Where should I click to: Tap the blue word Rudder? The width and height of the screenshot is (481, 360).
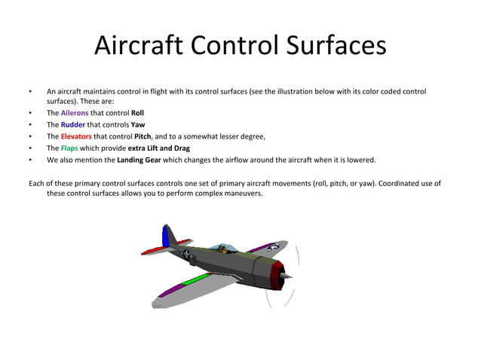tap(72, 124)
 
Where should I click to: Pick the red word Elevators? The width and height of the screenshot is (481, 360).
tap(76, 136)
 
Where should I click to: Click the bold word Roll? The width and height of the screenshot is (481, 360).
tap(137, 113)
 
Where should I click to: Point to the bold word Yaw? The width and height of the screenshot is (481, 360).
tap(138, 124)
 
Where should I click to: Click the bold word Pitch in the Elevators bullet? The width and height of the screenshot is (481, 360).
tap(142, 136)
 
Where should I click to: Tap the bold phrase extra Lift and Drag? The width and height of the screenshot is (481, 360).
tap(158, 148)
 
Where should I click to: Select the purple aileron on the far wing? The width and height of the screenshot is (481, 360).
tap(259, 247)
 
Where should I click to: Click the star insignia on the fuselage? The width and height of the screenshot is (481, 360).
tap(185, 255)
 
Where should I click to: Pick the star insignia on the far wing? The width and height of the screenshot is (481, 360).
tap(274, 246)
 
